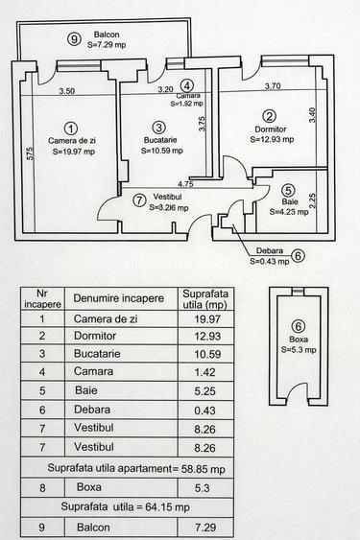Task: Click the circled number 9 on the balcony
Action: [74, 38]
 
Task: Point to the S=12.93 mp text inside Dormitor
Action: [272, 140]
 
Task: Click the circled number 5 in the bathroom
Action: [289, 190]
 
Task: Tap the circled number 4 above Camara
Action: [187, 85]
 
